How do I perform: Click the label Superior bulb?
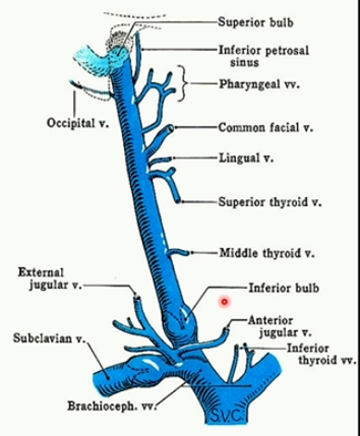255,23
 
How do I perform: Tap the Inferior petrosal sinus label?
263,55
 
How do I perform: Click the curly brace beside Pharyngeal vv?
182,84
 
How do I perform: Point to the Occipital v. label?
77,123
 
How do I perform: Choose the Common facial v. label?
266,128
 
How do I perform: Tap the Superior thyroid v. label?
270,202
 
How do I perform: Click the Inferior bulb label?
276,288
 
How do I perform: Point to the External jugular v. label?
49,279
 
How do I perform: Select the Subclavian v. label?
49,338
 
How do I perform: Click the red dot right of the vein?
224,302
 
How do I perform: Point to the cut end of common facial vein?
171,128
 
